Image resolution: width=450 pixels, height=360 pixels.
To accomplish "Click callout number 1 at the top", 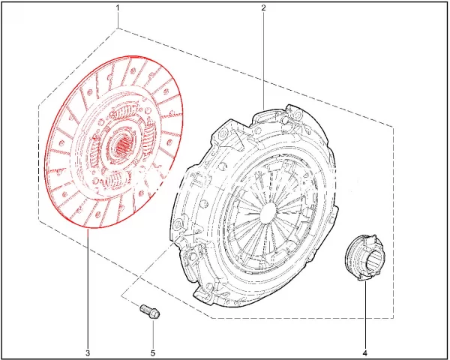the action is [x=118, y=7].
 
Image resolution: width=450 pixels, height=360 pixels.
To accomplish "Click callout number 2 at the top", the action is [x=264, y=7].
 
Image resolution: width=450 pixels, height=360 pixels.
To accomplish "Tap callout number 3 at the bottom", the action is [x=88, y=352].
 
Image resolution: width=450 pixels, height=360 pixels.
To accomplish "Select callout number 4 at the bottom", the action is [x=365, y=352].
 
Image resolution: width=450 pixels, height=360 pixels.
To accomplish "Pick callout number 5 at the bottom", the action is [x=153, y=352].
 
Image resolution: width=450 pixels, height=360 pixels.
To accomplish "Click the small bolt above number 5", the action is [x=150, y=312].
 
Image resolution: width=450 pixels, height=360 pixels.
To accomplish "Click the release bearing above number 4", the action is [x=364, y=257].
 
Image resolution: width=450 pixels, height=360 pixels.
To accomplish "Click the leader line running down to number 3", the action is [x=87, y=289].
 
